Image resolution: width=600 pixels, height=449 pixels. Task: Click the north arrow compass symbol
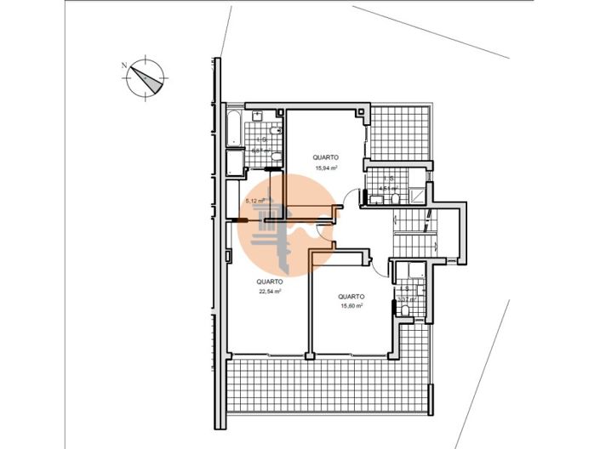click(x=146, y=76)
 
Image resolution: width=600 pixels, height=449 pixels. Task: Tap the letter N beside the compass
click(x=124, y=65)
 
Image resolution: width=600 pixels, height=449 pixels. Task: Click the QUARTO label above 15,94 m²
click(x=326, y=157)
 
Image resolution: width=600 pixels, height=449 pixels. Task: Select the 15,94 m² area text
click(x=326, y=168)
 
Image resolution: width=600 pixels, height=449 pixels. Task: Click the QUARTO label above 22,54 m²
click(x=270, y=281)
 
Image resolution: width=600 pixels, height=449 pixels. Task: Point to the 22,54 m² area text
click(x=270, y=291)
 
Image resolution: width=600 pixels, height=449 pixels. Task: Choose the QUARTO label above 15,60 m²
click(x=351, y=296)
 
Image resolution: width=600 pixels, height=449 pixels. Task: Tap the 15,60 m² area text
click(x=351, y=306)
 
